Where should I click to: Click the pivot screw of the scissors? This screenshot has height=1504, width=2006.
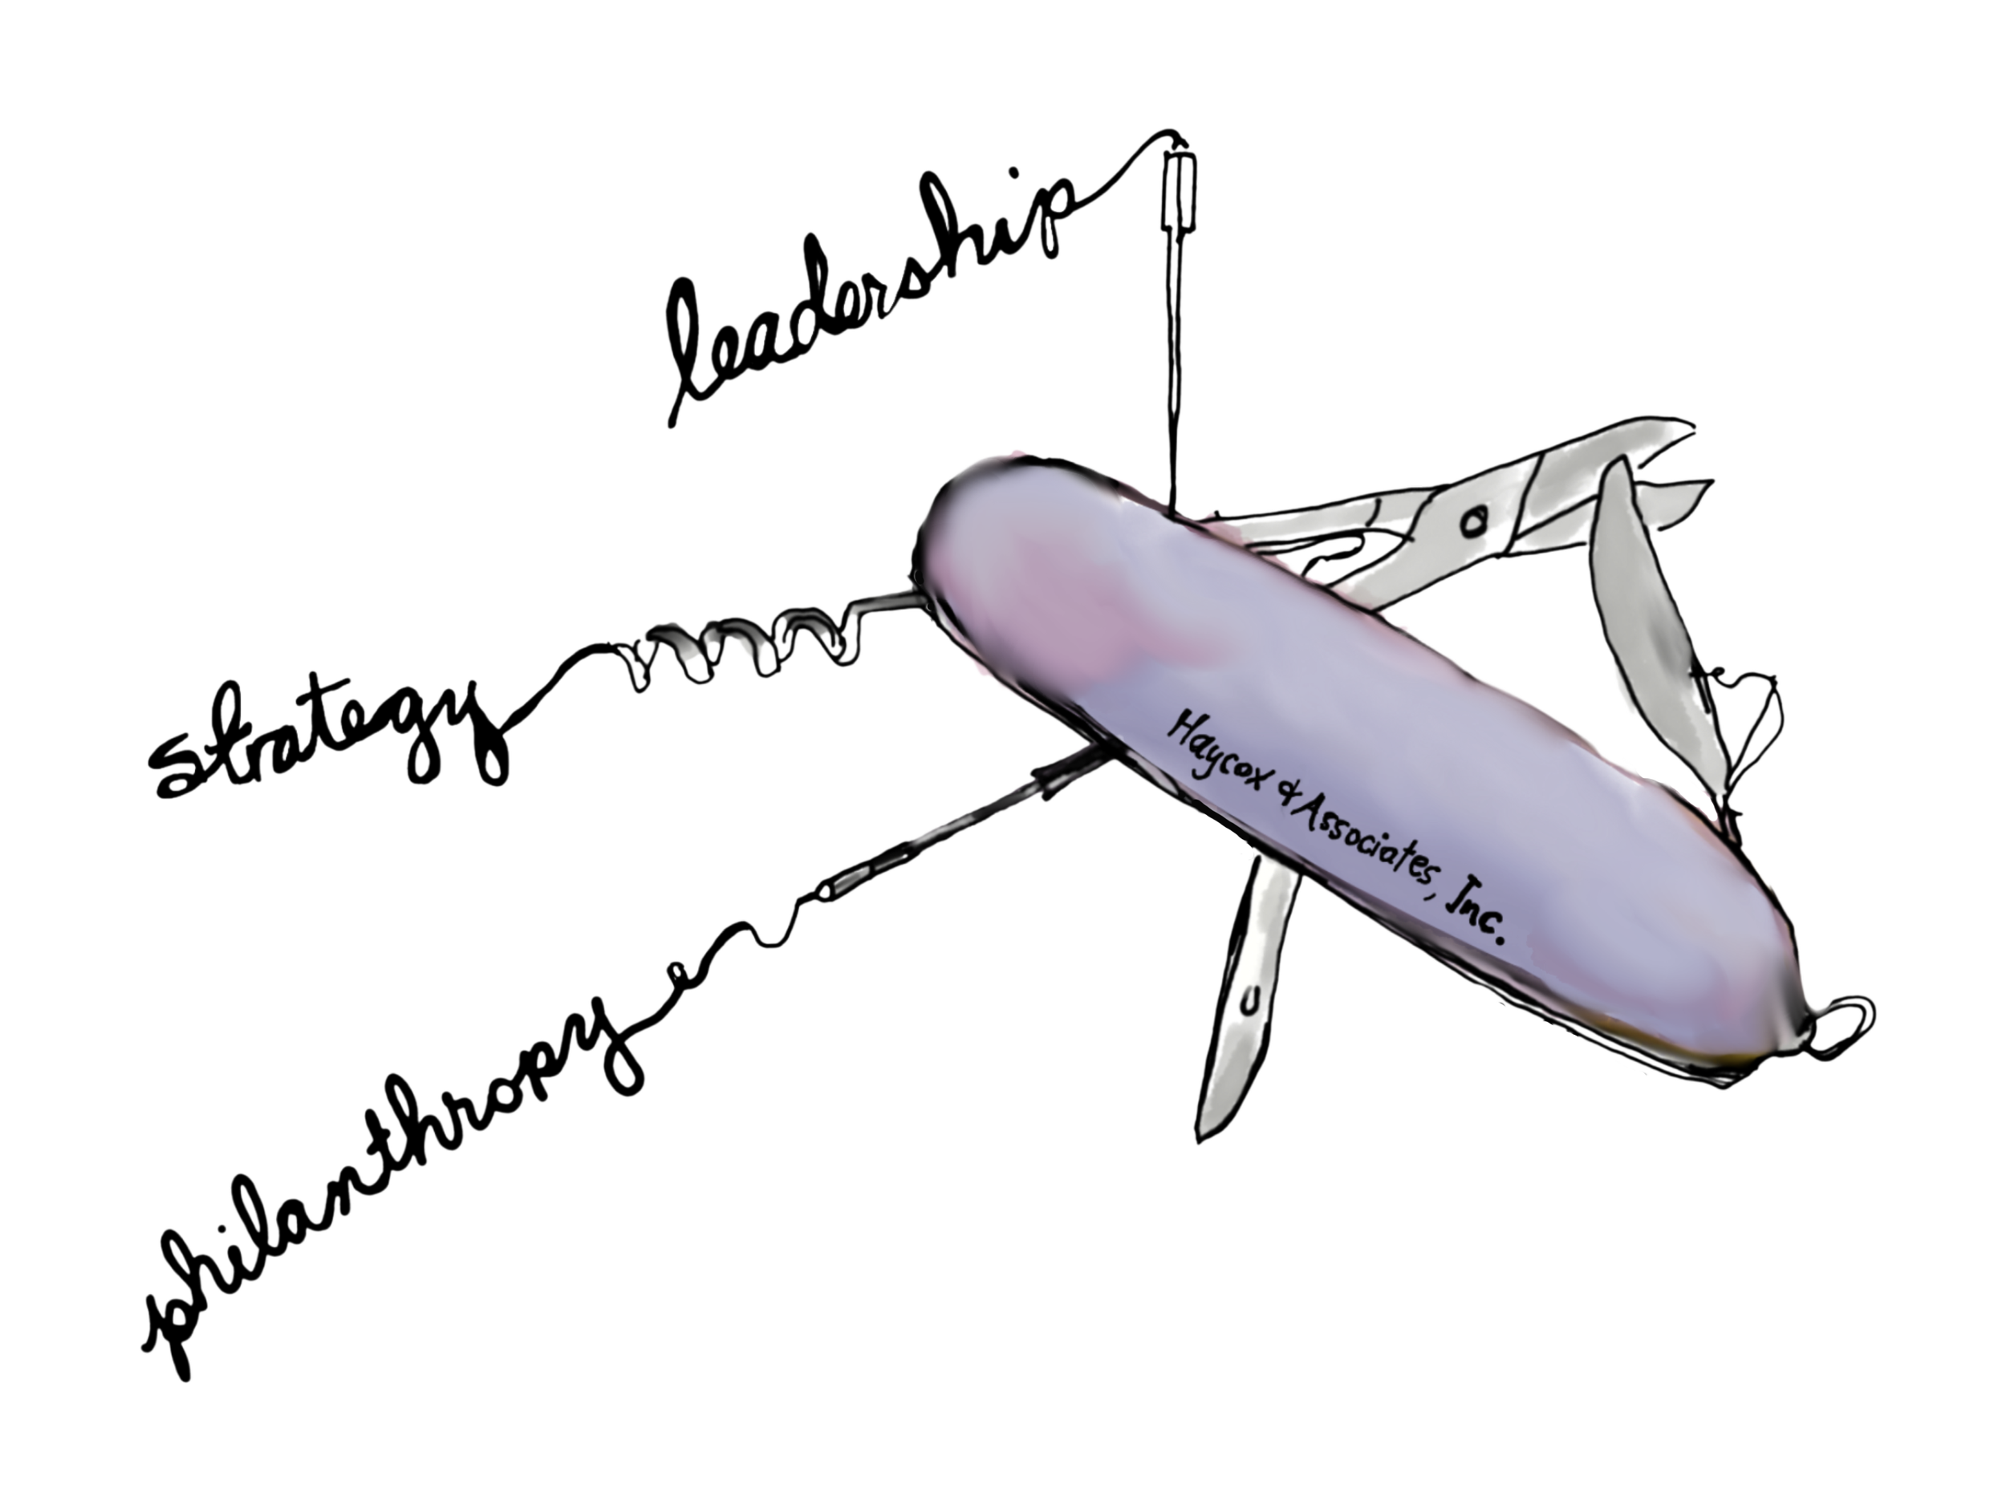[1474, 522]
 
